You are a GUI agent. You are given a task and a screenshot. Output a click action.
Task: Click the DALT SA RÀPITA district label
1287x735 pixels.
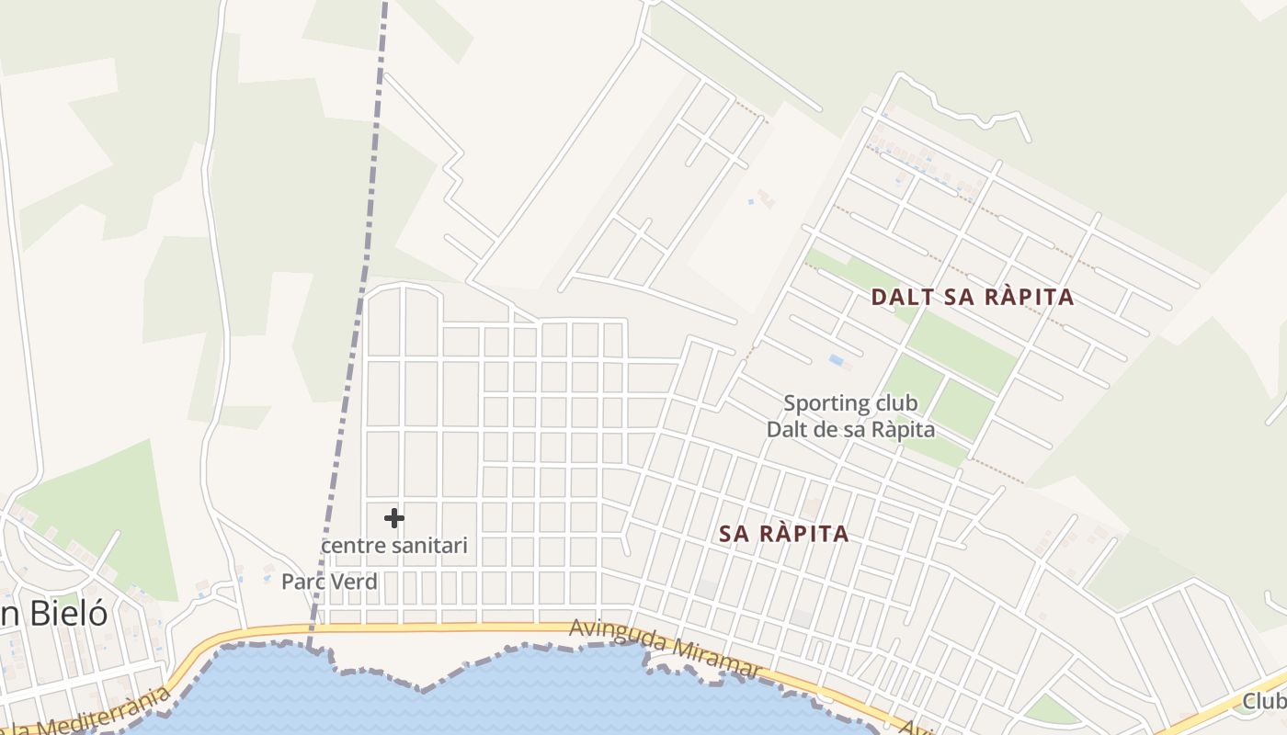tap(972, 297)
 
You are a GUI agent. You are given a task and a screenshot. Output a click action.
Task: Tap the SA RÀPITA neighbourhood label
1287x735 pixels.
tap(784, 534)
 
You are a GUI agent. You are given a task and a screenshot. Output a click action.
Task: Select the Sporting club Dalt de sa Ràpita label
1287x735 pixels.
tap(850, 416)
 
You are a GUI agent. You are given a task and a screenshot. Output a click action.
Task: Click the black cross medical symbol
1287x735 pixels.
tap(394, 518)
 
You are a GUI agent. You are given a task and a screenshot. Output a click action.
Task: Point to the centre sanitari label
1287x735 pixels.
tap(393, 546)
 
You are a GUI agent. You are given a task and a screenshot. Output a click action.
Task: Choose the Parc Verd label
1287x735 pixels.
tap(329, 582)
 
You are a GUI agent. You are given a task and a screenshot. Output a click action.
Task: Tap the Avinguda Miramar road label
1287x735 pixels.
tap(666, 650)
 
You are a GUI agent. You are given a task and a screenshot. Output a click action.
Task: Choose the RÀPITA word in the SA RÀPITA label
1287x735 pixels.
tap(802, 534)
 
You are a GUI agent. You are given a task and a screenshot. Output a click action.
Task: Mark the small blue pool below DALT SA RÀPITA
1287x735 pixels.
tap(837, 360)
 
